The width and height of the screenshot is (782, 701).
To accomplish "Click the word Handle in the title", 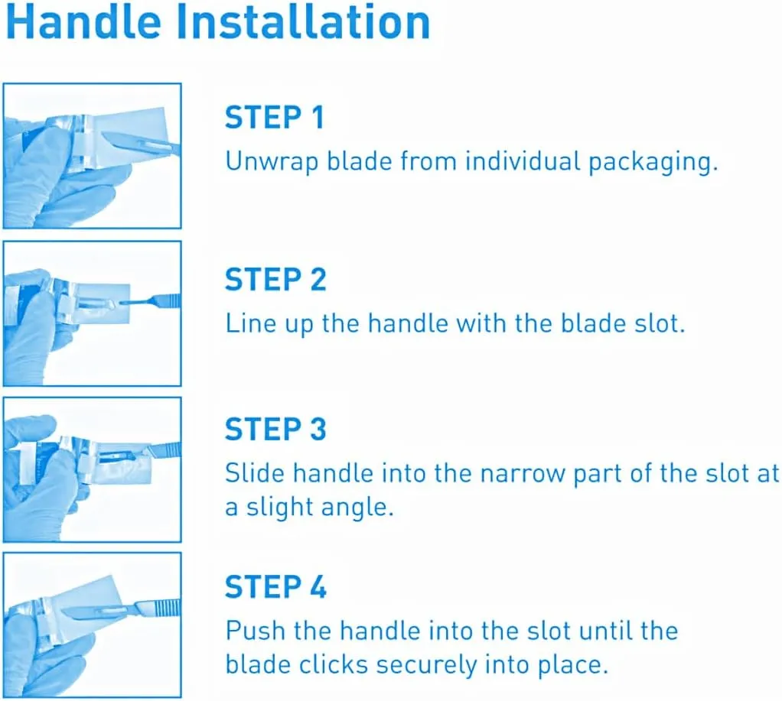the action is coord(84,22).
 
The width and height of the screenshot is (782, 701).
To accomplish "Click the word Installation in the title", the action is coord(303,22).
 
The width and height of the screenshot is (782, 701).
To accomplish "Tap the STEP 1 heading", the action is coord(274,118).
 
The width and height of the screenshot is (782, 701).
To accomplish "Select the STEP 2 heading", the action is coord(275,279).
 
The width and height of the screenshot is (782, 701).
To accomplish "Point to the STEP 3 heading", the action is coord(275,429).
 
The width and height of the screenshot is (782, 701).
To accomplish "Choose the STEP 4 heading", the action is coord(275,586).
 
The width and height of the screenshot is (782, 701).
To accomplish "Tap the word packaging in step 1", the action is coord(653,163).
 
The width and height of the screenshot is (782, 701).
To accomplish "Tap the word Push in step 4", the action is coord(254,630).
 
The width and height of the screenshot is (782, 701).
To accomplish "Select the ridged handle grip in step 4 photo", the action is coord(167,607).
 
